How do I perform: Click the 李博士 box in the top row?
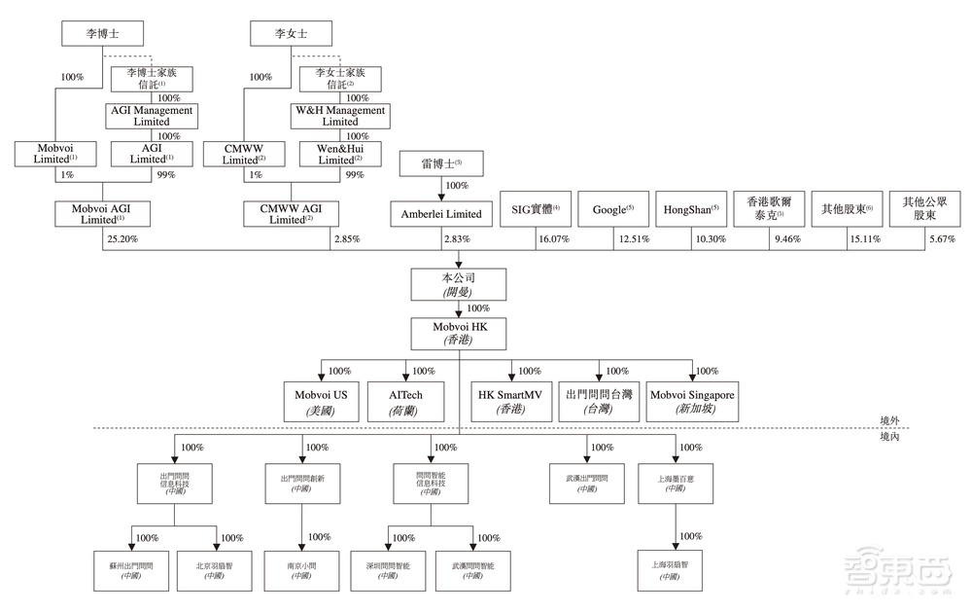point(103,34)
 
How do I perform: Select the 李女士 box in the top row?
point(292,34)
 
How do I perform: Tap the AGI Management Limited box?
point(150,116)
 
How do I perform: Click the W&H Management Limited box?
point(340,116)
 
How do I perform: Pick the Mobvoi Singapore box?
point(692,403)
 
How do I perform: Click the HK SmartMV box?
point(510,403)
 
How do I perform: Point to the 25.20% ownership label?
point(122,238)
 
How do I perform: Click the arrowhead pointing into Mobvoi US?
point(322,378)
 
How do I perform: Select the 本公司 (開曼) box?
point(460,284)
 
